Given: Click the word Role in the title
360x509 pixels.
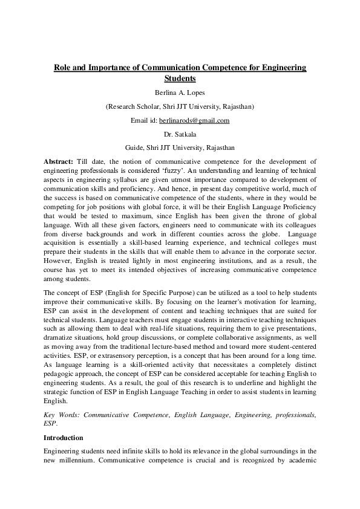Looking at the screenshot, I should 62,68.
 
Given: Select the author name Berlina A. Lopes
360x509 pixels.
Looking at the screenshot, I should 180,93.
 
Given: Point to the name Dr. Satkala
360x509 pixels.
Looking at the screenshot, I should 180,134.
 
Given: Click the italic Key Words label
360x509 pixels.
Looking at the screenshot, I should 62,415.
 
